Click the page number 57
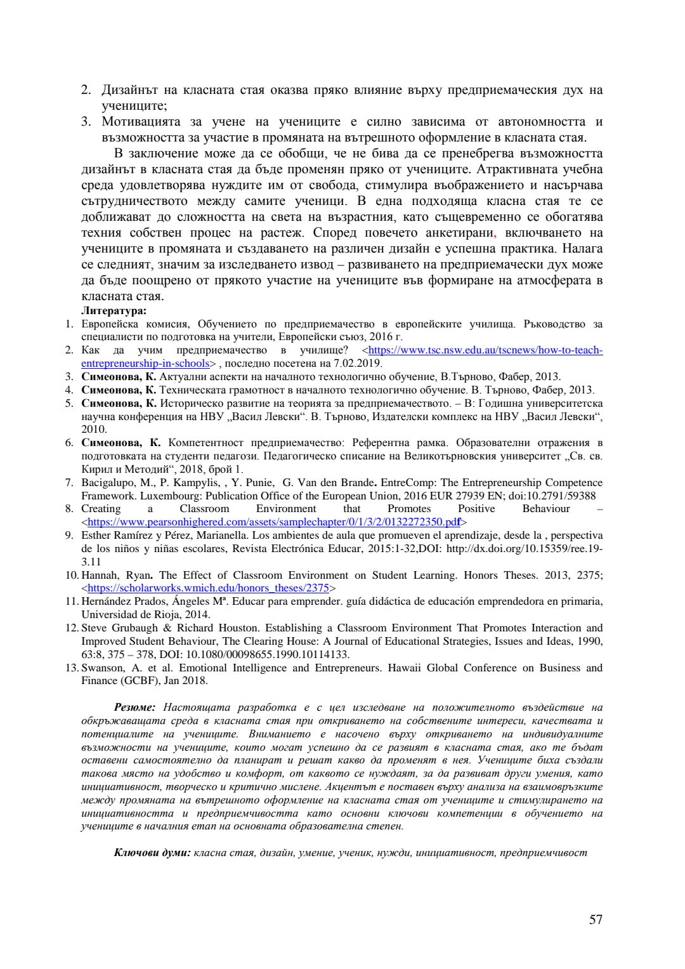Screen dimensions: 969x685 click(595, 920)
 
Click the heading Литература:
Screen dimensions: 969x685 click(114, 310)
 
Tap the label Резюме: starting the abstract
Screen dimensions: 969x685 click(134, 706)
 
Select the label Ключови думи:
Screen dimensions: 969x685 click(152, 852)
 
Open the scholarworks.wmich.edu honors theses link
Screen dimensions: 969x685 click(209, 588)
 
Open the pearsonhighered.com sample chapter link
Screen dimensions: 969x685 click(273, 522)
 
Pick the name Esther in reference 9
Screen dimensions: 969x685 click(96, 535)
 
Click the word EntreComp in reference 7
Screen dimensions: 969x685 click(407, 483)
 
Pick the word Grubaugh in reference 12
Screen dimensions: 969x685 click(134, 628)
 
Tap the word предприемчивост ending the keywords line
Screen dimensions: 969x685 click(544, 852)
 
